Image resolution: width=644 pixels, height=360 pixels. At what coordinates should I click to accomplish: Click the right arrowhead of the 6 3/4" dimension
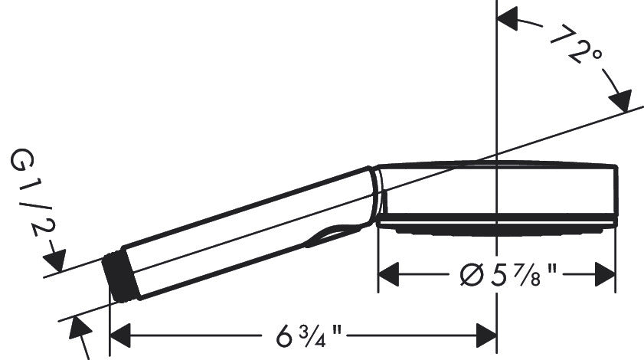pyautogui.click(x=485, y=335)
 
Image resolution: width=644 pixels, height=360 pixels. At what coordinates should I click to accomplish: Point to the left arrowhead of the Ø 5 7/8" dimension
pyautogui.click(x=391, y=272)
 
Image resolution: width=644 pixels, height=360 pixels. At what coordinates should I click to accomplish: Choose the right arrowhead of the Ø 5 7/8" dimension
pyautogui.click(x=604, y=272)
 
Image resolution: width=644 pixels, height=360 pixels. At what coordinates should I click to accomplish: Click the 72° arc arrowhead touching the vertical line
pyautogui.click(x=510, y=18)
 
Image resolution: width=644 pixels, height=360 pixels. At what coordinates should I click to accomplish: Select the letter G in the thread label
pyautogui.click(x=23, y=161)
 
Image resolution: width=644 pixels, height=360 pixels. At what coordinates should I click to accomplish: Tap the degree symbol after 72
pyautogui.click(x=597, y=56)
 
